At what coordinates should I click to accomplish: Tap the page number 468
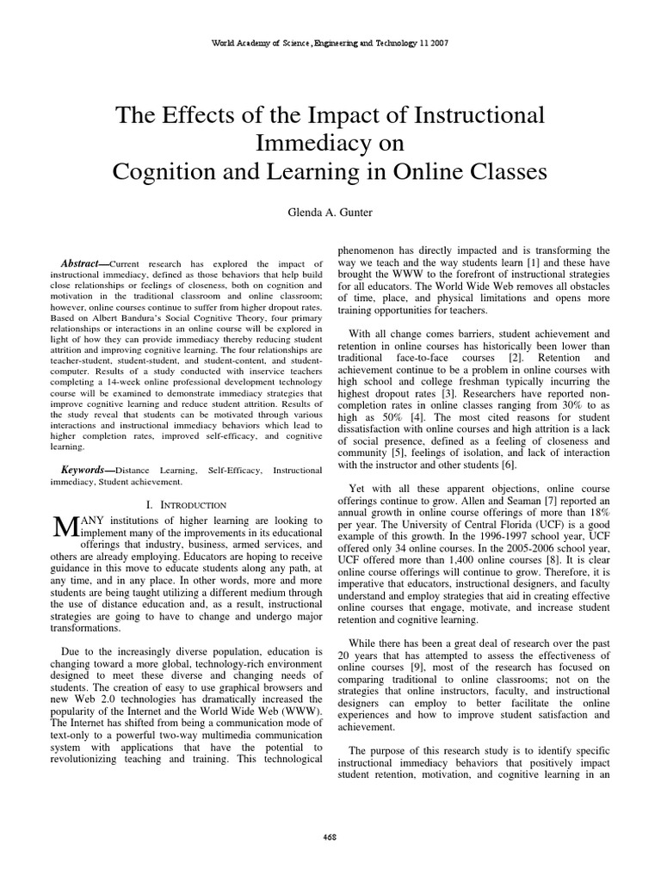click(x=330, y=835)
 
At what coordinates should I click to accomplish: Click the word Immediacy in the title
click(x=330, y=142)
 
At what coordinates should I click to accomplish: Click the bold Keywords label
click(x=87, y=471)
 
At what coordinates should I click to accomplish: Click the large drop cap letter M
click(x=66, y=527)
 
